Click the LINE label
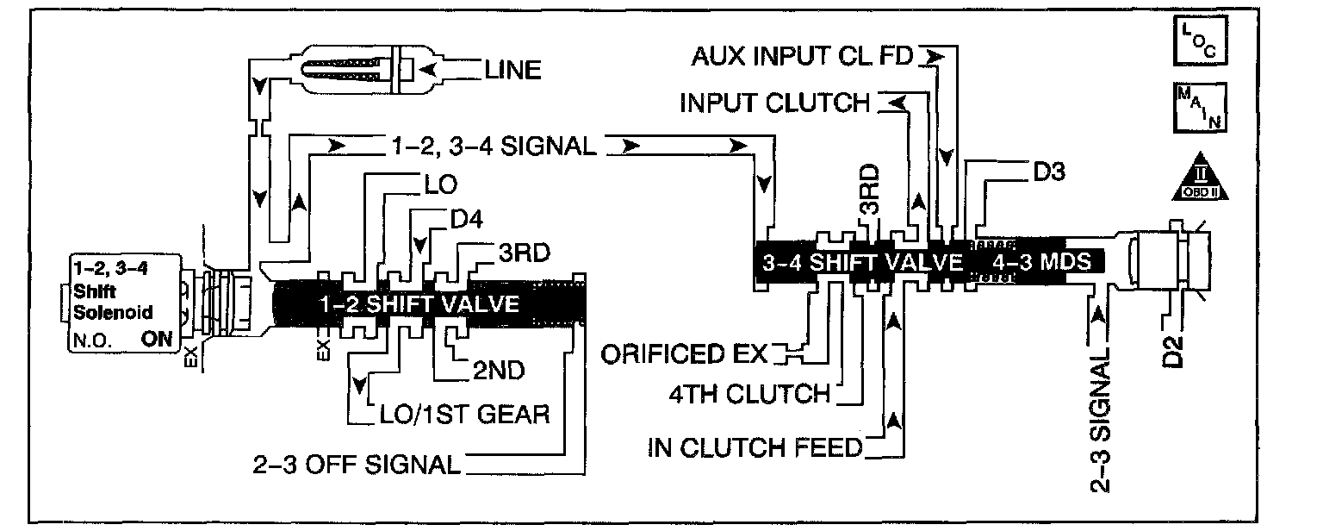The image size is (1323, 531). tap(514, 70)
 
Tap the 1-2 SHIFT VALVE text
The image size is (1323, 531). tap(419, 304)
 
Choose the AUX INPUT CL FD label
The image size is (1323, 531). tap(804, 58)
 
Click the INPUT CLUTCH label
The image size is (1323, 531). tap(775, 103)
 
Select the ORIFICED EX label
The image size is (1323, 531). tap(686, 353)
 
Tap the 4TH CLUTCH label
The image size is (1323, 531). tap(748, 395)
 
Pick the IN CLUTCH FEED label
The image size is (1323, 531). tap(755, 447)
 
